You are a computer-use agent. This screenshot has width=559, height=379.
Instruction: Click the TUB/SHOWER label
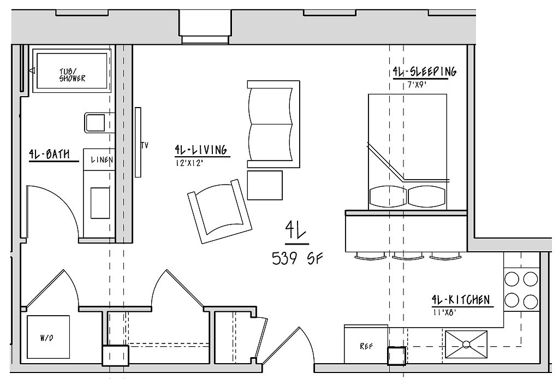point(73,75)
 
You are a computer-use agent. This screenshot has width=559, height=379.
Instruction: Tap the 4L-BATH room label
point(50,155)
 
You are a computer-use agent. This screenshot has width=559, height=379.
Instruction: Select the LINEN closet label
point(102,159)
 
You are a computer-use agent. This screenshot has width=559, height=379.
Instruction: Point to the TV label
point(144,145)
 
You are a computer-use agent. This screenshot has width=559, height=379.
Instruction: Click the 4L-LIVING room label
point(201,150)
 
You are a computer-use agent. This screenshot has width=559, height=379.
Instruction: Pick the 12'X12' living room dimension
point(189,163)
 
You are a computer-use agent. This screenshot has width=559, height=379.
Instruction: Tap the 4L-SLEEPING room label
point(424,72)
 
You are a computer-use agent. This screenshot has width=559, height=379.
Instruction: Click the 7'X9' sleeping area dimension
point(417,85)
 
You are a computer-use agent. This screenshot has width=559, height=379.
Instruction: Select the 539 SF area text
point(297,258)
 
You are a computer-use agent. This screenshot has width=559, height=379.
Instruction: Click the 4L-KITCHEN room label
point(461,300)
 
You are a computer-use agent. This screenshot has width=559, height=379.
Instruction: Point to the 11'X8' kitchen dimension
point(444,313)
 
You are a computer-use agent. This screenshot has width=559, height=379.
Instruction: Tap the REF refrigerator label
point(366,346)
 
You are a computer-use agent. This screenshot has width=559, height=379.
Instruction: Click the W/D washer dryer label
point(47,337)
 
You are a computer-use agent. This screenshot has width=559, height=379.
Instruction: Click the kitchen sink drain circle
point(466,344)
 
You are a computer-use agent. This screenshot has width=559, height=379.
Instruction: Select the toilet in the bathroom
point(99,123)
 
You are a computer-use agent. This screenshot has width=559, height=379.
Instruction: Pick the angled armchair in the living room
point(220,211)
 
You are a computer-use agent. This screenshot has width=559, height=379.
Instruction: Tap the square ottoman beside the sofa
point(265,185)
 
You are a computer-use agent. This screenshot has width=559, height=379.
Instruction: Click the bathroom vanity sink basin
point(100,203)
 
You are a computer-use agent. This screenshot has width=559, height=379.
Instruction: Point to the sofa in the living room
point(273,124)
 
